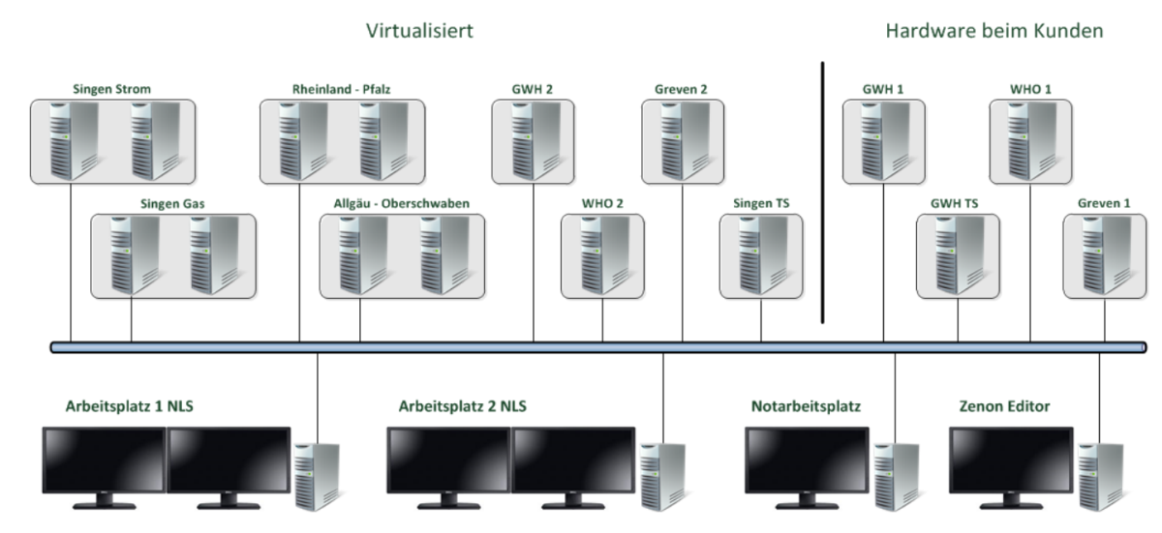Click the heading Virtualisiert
[x=419, y=31]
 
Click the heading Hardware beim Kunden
[x=994, y=31]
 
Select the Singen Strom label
[x=111, y=90]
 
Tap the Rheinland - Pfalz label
[x=340, y=90]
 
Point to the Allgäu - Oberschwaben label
[x=401, y=205]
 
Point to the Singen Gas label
[x=173, y=205]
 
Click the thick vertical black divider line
[x=822, y=193]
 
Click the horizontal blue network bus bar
[x=581, y=347]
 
